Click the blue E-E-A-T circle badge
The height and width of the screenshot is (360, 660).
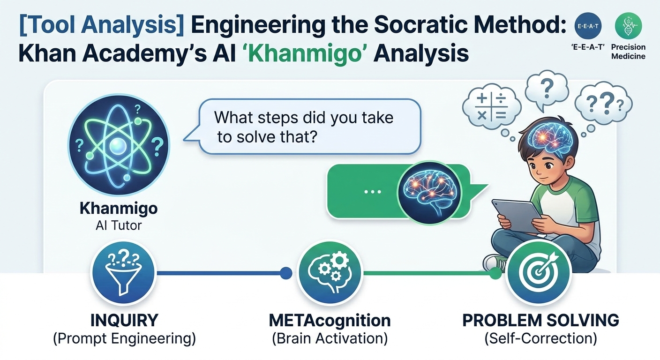tap(588, 26)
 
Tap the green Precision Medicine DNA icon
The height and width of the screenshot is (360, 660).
tap(629, 26)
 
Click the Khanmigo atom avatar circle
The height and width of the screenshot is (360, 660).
tap(119, 145)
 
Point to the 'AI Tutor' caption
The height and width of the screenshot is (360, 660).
tap(119, 225)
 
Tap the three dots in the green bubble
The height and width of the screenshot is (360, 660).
tap(373, 192)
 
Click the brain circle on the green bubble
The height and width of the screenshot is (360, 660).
tap(429, 193)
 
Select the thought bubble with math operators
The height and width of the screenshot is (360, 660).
tap(491, 107)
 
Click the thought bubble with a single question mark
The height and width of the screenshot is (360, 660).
tap(547, 90)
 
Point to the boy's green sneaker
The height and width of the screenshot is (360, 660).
tap(495, 263)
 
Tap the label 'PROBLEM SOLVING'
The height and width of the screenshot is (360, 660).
tap(540, 321)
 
